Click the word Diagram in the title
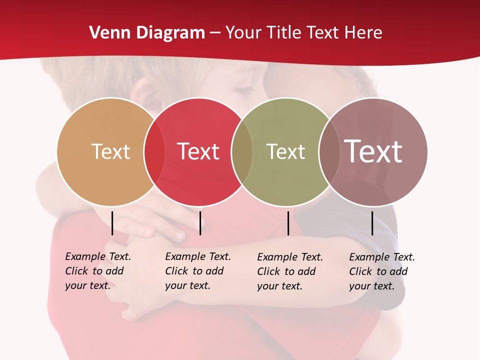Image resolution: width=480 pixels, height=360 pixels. (x=170, y=33)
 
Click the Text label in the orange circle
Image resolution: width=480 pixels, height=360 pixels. (x=110, y=151)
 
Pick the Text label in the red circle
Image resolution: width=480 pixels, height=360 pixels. (x=198, y=151)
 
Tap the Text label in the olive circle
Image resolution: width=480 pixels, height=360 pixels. (x=285, y=151)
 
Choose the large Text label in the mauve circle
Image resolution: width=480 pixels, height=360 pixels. (x=373, y=151)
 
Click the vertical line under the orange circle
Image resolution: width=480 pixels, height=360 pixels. (x=112, y=223)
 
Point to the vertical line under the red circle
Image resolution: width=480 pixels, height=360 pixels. (x=200, y=223)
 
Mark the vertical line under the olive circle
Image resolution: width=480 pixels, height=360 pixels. (x=288, y=223)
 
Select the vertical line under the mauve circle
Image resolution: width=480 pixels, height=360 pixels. (x=372, y=223)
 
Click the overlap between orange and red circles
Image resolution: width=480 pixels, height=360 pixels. (x=154, y=151)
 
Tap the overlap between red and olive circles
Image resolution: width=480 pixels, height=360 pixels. (x=242, y=151)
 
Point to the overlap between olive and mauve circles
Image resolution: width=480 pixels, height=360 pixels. (x=328, y=151)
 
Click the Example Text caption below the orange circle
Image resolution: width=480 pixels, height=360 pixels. (x=97, y=271)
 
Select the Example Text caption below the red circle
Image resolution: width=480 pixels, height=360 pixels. (x=197, y=271)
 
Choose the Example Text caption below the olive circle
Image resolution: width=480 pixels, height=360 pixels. (x=289, y=271)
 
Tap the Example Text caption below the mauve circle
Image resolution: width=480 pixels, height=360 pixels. (x=381, y=271)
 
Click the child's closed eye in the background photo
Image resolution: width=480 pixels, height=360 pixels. (x=245, y=90)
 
